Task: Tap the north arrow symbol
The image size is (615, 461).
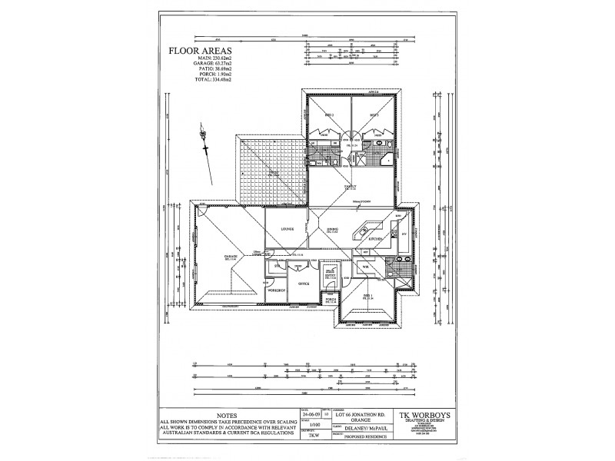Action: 205,143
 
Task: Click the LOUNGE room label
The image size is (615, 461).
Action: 288,228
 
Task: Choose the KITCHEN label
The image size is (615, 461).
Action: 376,240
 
